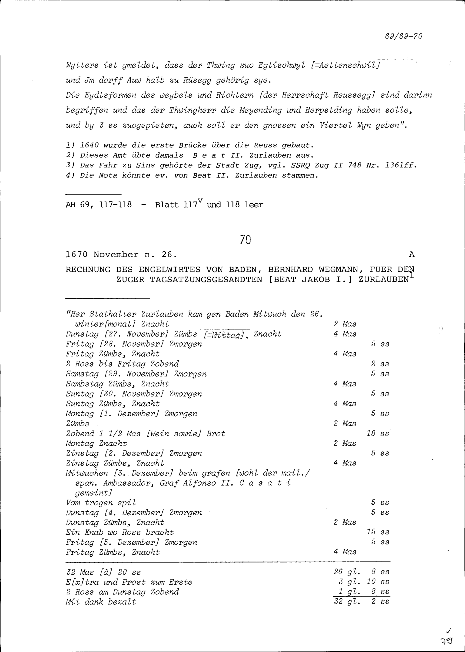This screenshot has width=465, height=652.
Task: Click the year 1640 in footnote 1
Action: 89,146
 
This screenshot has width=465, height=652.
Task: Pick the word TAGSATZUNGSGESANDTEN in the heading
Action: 206,279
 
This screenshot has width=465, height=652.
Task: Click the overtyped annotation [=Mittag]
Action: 225,334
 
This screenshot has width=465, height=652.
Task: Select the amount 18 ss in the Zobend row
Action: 378,433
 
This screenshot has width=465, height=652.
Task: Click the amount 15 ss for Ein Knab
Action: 378,532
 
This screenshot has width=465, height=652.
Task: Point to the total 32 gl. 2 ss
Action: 361,601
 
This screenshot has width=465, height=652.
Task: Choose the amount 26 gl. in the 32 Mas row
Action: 346,572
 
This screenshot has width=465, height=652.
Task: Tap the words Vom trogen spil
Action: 101,503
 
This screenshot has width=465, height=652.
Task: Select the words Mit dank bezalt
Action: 101,602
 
